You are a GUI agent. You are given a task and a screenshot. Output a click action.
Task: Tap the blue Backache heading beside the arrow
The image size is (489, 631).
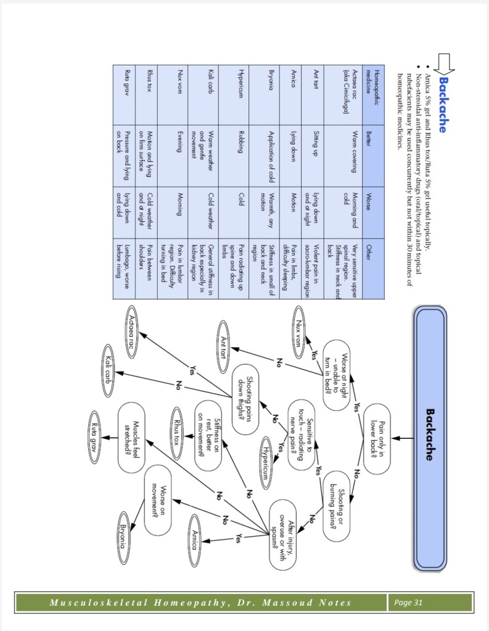(442, 104)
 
